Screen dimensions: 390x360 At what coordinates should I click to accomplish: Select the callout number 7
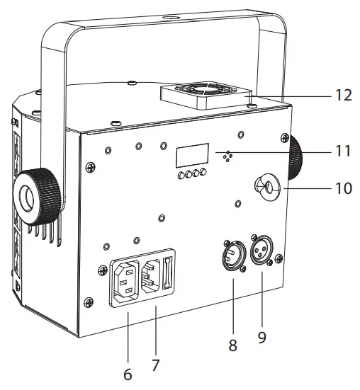pyautogui.click(x=156, y=365)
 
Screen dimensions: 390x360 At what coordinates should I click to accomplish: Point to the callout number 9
pyautogui.click(x=261, y=338)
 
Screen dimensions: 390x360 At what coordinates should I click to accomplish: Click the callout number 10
pyautogui.click(x=343, y=189)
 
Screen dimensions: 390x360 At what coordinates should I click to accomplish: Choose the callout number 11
pyautogui.click(x=343, y=151)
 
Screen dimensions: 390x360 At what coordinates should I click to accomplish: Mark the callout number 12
pyautogui.click(x=343, y=94)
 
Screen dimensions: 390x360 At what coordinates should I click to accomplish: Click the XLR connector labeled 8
pyautogui.click(x=234, y=255)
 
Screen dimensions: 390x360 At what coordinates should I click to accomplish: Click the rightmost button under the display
pyautogui.click(x=203, y=174)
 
